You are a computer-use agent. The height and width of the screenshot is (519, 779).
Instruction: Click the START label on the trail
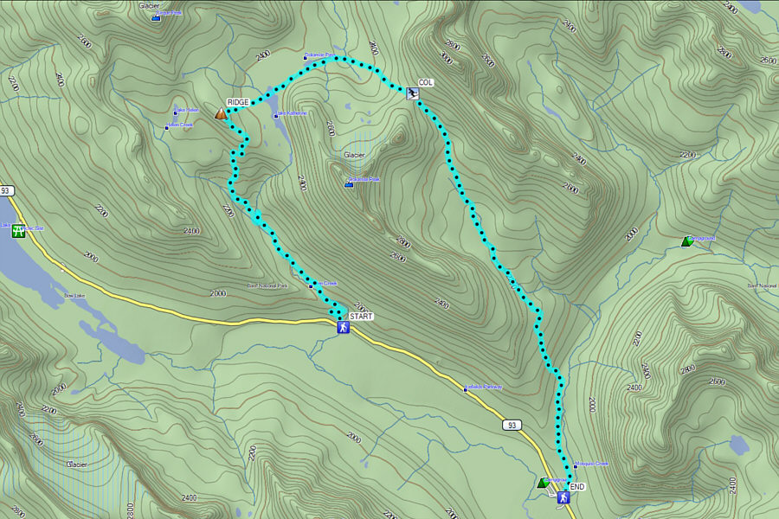(362, 317)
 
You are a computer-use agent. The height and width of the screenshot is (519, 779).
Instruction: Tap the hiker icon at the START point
(343, 327)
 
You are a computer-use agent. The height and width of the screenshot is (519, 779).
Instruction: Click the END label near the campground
(577, 487)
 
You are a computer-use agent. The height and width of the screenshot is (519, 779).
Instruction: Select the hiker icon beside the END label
(563, 497)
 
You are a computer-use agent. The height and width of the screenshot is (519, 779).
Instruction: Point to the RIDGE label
(238, 102)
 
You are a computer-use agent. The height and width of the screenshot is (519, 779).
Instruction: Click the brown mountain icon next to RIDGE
(221, 112)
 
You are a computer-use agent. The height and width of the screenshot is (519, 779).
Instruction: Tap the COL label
(425, 83)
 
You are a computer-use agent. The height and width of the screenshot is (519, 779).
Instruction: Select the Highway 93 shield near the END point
(512, 425)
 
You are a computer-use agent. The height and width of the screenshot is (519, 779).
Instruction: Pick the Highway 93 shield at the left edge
(7, 190)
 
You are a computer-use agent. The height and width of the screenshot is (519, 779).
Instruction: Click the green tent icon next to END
(543, 483)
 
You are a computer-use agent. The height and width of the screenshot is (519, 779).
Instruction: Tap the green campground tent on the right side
(686, 241)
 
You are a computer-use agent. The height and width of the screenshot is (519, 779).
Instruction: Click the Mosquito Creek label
(593, 464)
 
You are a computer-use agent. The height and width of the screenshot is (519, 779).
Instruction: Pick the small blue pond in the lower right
(738, 445)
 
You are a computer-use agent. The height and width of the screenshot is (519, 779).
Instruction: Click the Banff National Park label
(267, 285)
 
